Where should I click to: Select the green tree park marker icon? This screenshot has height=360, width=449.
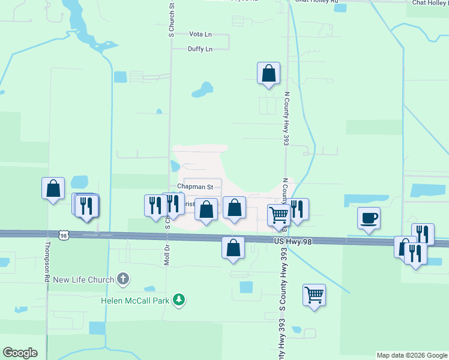coord(178,299)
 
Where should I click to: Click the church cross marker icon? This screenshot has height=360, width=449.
coord(123,278)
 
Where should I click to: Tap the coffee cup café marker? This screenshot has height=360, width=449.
coord(369,217)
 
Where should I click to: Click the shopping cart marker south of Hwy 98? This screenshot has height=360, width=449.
coord(314,295)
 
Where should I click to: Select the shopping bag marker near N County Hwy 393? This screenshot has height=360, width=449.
coord(269,74)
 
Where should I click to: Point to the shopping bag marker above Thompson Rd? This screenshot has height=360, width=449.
coord(53,188)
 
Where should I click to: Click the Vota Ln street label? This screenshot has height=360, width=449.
coord(200,35)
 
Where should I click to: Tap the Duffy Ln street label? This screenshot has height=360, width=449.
coord(200,49)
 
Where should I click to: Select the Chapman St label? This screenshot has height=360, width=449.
coord(191,187)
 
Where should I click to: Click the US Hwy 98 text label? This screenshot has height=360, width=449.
coord(292,241)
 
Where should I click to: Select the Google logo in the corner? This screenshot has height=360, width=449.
coord(20,353)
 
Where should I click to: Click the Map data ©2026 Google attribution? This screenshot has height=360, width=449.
coord(412,355)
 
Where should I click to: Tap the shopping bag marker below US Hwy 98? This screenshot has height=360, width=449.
coord(233,247)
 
